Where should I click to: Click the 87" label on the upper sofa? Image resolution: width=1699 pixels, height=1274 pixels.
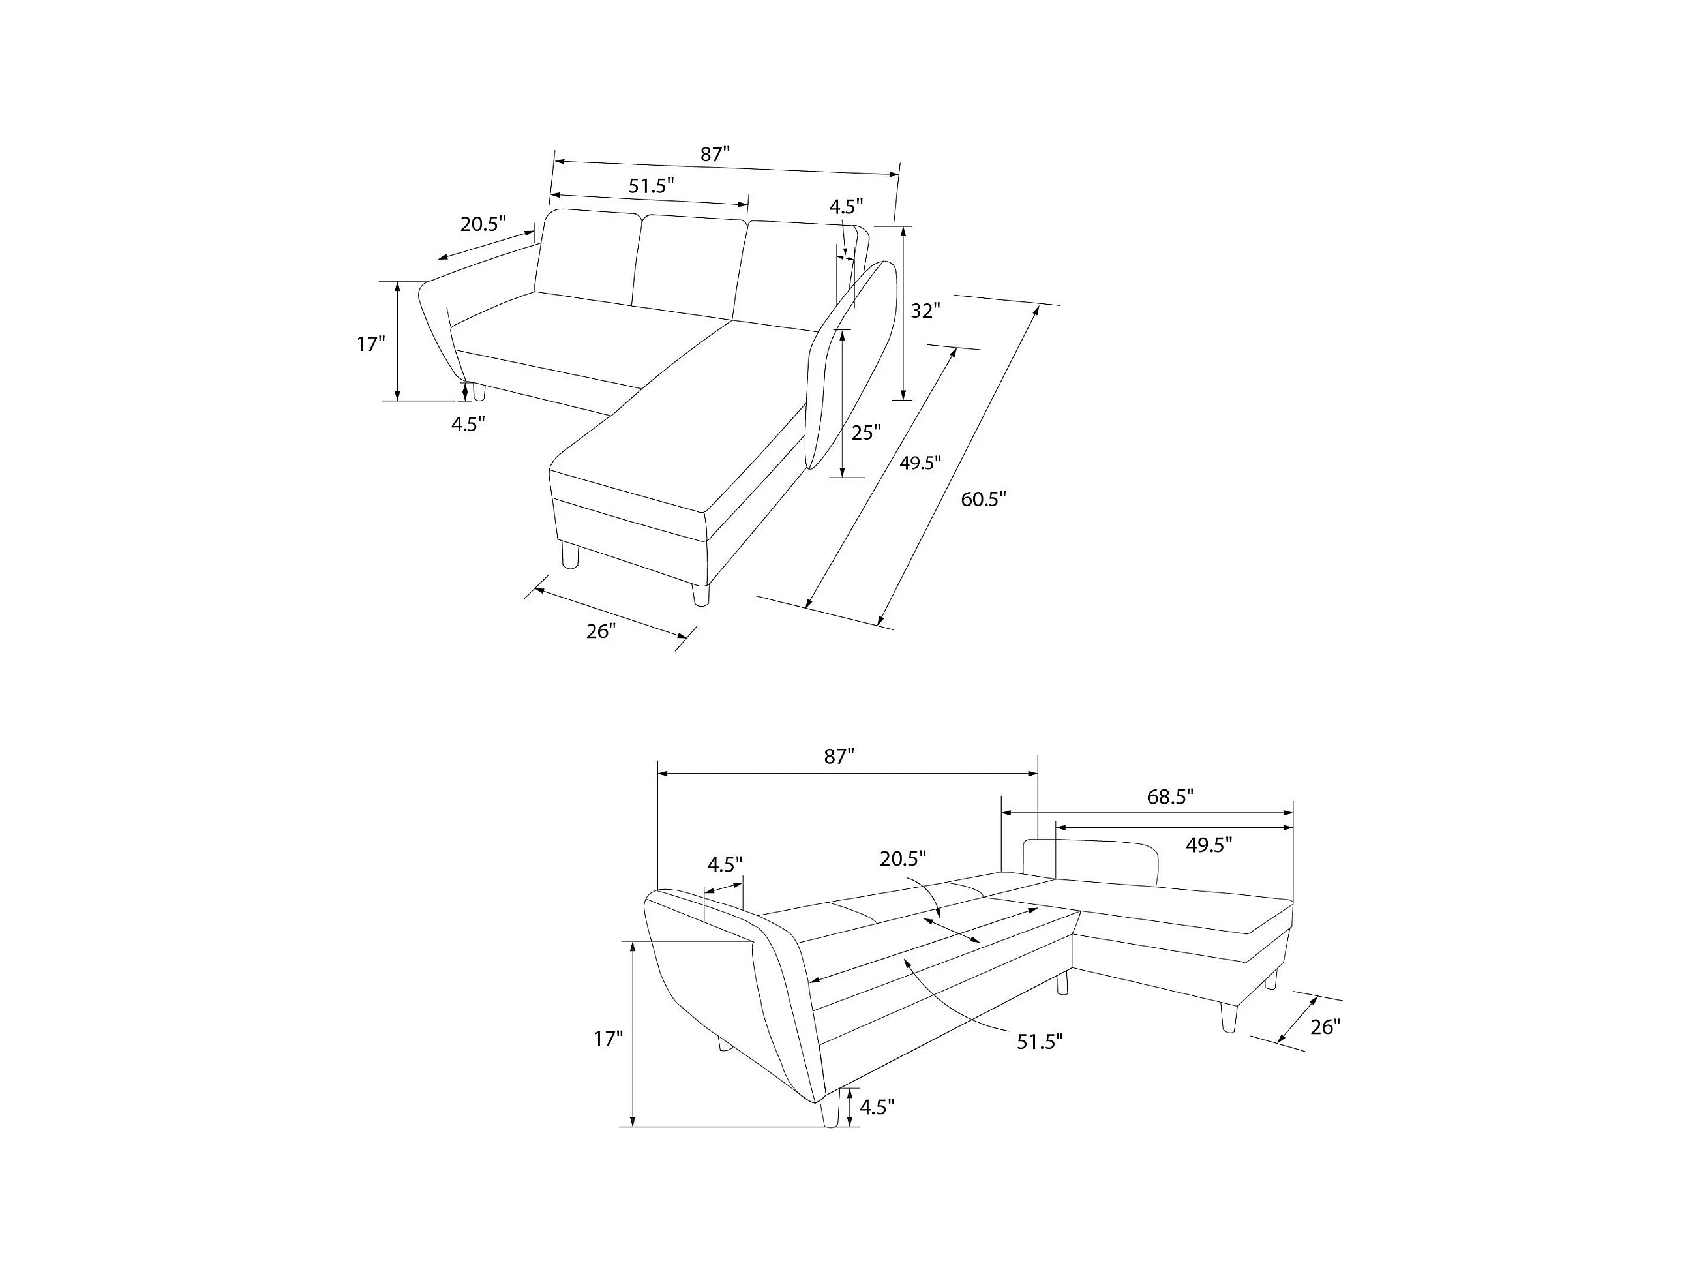pos(714,155)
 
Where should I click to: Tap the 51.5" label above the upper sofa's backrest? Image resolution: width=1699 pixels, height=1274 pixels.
pos(652,186)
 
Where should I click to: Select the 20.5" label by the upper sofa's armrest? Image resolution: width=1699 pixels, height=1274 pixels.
pos(483,224)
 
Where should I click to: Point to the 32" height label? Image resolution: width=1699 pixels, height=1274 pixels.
pos(925,311)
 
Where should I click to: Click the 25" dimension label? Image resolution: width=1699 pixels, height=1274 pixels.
pos(865,433)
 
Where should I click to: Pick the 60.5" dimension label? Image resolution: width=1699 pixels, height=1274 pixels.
pos(983,500)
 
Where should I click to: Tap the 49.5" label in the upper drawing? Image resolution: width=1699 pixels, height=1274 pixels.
pos(920,463)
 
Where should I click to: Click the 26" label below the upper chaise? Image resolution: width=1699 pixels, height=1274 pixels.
pos(601,631)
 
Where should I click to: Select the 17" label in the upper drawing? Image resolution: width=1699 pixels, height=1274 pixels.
pos(370,344)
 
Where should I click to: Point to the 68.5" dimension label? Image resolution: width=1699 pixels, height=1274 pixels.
pos(1170,798)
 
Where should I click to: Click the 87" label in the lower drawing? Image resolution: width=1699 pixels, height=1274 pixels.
pos(839,757)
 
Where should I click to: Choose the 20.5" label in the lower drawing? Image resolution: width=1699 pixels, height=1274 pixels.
pos(903,859)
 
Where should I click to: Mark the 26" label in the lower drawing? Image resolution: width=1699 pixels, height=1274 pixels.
pos(1325,1027)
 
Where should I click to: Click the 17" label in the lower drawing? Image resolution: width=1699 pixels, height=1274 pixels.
pos(608,1040)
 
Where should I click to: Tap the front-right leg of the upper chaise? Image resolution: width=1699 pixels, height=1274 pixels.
pos(700,595)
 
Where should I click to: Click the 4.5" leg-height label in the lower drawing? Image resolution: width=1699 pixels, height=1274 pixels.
pos(877,1107)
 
